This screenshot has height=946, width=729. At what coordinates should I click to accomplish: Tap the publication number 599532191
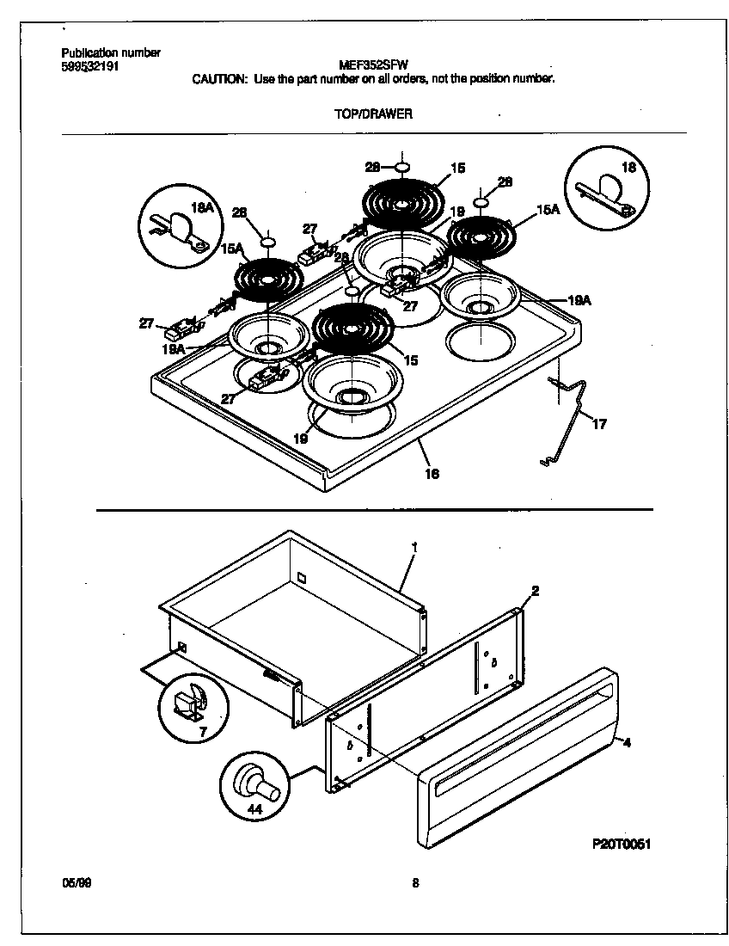(90, 64)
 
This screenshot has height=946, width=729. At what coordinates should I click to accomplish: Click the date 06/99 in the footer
(75, 882)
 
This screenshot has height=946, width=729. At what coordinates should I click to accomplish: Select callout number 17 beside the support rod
(599, 424)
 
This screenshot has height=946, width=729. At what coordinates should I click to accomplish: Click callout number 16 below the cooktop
(432, 473)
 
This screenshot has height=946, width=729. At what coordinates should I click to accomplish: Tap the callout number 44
(255, 808)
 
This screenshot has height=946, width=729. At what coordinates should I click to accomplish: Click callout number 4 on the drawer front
(627, 741)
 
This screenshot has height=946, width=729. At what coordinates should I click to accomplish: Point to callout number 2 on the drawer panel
(535, 591)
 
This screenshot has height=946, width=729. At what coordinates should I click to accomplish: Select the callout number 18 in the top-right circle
(628, 168)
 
